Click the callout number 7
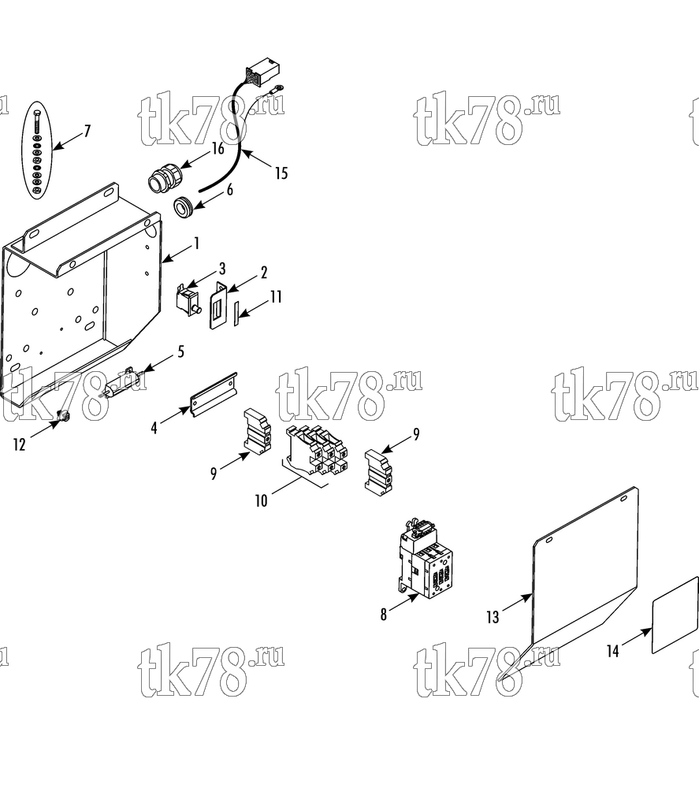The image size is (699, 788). pos(87,131)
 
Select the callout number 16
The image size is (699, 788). pos(217,148)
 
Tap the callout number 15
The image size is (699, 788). pos(281,173)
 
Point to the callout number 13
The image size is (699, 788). pos(493,617)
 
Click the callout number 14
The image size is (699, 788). pos(612,652)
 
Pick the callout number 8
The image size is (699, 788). pos(384,614)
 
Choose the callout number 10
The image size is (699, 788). pos(262,500)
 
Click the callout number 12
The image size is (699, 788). pos(19,444)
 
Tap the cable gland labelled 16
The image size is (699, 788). pos(165,177)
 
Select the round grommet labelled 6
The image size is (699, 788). pos(183,206)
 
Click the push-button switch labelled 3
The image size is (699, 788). pos(188,301)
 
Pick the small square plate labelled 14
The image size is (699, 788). pos(675,615)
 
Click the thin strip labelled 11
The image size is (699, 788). pos(235,314)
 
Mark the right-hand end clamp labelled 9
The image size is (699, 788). pos(378,470)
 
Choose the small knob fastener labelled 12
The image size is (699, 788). pos(63,415)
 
